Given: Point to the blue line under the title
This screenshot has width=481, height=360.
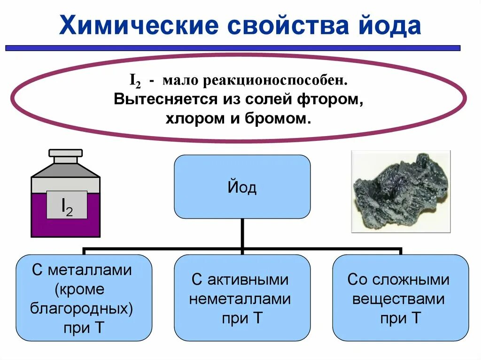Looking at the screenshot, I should [233, 48].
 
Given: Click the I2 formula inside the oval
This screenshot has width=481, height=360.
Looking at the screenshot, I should [136, 81].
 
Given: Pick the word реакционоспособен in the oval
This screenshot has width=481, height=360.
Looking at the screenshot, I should [275, 81].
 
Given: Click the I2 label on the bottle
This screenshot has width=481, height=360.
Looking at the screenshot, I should [67, 205].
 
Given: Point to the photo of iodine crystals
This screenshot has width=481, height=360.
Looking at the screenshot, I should [401, 191].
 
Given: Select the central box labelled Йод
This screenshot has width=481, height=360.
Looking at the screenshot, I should [242, 187].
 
